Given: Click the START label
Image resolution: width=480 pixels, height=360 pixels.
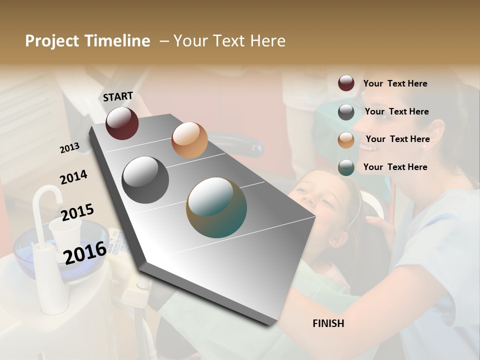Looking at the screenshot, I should (118, 96).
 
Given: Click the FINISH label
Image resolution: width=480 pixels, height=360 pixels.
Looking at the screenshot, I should (328, 323).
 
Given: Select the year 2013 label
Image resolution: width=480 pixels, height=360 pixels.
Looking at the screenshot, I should (69, 147).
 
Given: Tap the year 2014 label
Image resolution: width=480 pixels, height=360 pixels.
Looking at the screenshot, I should (73, 177).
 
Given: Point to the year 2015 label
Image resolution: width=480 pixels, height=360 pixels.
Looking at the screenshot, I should (77, 212).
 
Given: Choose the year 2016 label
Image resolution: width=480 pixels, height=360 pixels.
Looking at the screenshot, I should (85, 252).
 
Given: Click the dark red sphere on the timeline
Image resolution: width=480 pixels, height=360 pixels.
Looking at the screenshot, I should (122, 123).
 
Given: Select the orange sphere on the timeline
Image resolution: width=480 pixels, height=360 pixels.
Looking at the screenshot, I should (189, 139).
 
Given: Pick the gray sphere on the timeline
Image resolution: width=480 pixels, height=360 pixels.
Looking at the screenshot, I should (145, 180).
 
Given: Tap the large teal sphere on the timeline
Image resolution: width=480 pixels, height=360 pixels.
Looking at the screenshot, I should (216, 207).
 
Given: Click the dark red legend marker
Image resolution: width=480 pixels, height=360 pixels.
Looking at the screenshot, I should (346, 83).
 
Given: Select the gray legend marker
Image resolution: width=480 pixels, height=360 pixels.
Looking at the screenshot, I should (346, 112).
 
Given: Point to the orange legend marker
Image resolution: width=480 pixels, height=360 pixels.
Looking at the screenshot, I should (346, 139).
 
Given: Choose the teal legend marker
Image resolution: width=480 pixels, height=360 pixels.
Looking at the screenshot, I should (346, 167).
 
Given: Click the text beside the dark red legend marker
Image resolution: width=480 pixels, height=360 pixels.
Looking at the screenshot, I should (395, 83).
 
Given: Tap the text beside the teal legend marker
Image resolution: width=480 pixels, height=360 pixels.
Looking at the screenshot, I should (395, 167).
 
